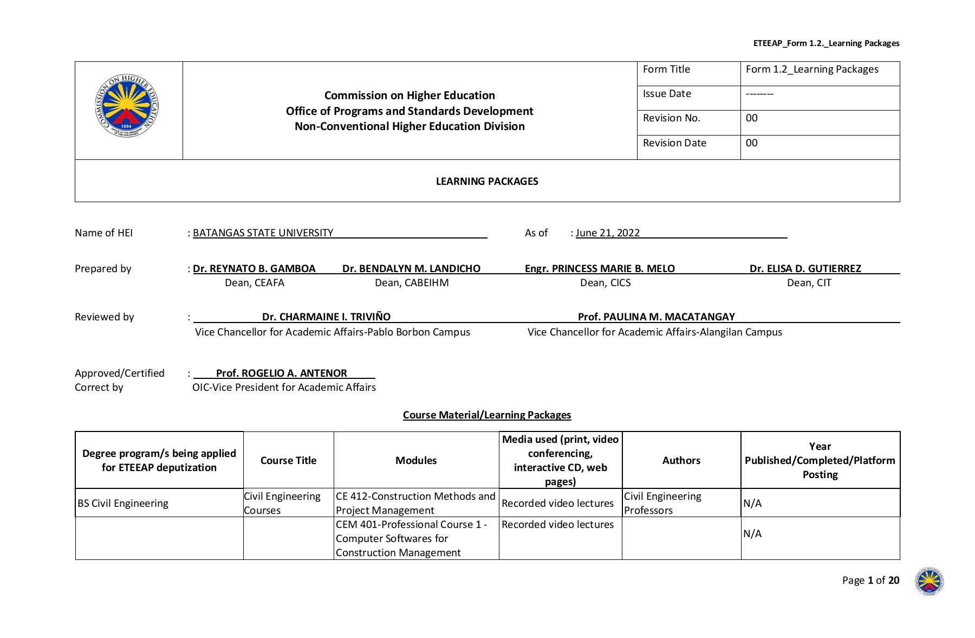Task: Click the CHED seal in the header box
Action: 127,106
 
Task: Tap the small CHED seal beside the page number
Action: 929,581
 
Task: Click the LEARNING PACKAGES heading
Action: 487,182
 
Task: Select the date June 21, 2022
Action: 607,233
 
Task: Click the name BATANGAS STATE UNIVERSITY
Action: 263,233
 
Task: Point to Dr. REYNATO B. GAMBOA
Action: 254,269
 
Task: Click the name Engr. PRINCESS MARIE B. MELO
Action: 600,269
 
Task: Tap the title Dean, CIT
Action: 809,283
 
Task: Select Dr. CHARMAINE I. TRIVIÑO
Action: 326,317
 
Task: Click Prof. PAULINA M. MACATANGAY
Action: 656,317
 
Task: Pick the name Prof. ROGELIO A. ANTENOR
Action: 281,373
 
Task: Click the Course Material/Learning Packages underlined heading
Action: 487,415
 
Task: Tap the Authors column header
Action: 681,461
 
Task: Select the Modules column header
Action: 415,461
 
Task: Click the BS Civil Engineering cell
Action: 123,504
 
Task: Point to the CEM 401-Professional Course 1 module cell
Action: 412,538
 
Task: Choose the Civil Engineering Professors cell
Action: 662,504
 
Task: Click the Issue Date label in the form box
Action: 667,94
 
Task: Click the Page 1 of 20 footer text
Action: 870,581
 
